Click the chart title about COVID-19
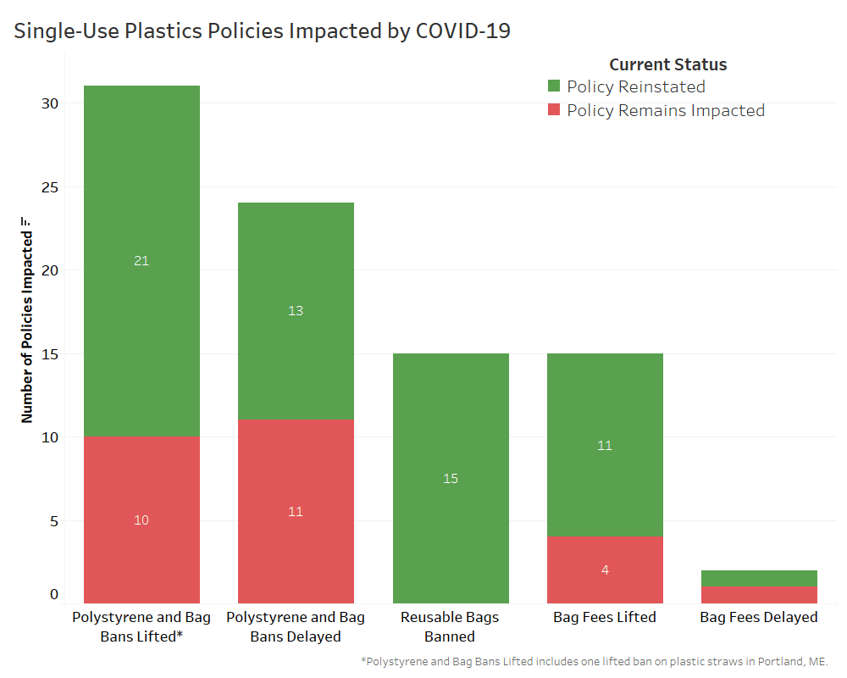262,31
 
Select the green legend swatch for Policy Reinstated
554,86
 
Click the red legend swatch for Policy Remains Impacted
554,110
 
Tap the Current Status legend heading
667,64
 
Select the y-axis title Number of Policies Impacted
27,322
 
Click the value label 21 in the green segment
141,261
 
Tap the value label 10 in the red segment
141,520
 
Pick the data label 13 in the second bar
296,311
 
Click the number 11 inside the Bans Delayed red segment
296,511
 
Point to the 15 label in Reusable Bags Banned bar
451,479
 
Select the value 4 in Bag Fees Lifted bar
605,570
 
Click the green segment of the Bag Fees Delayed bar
759,578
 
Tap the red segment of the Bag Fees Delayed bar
759,594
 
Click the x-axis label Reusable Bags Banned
450,626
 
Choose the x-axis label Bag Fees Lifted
605,617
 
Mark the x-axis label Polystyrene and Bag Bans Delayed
296,626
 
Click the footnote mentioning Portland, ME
594,661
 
